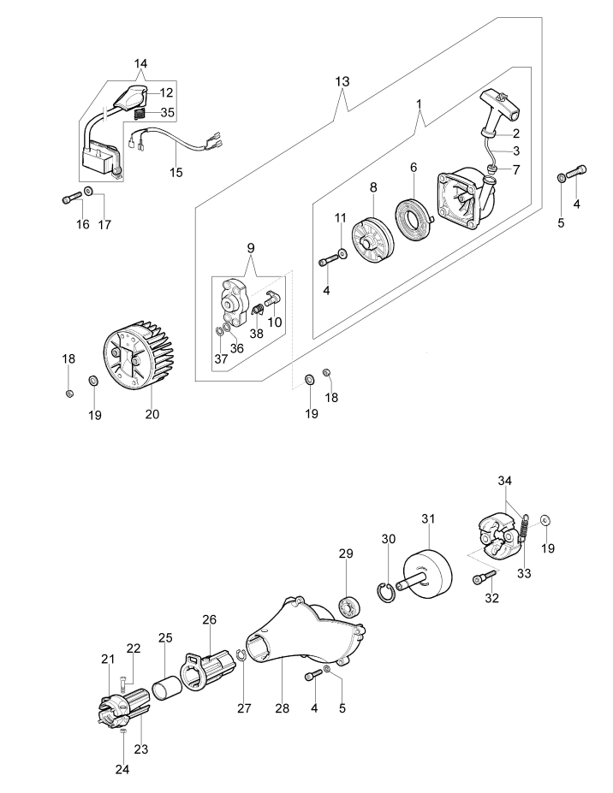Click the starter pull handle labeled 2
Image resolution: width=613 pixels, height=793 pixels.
tap(499, 110)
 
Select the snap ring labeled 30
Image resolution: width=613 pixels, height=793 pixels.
tap(386, 592)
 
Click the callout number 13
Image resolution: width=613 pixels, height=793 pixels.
tap(342, 81)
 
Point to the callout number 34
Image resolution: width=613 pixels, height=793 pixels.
tap(504, 481)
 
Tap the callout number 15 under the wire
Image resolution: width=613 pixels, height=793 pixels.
tap(176, 173)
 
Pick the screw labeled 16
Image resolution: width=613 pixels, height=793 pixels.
tap(72, 198)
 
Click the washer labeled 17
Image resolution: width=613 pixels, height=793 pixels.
tap(88, 191)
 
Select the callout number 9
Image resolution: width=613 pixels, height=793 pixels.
tap(251, 248)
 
